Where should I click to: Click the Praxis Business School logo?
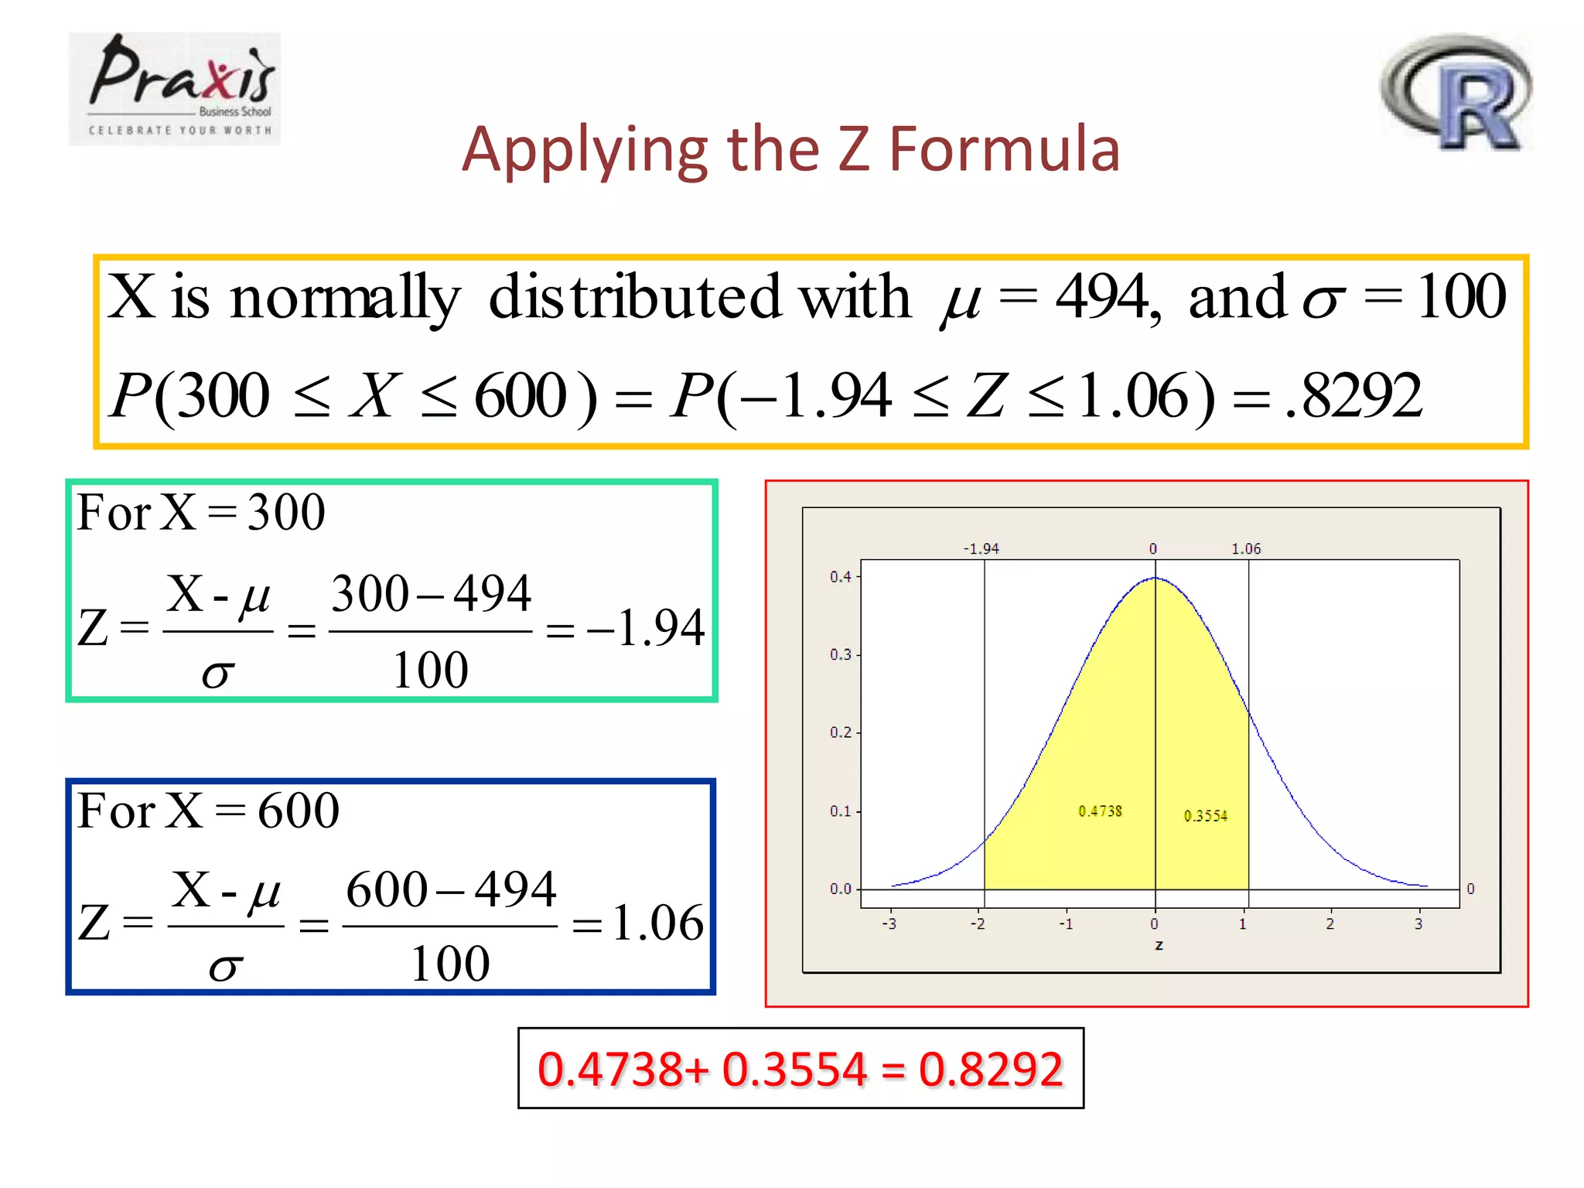tap(175, 88)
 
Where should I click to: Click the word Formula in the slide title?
tap(1005, 149)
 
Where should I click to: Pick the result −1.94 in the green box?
tap(647, 627)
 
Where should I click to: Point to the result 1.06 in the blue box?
tap(657, 923)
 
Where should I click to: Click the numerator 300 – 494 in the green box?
tap(431, 594)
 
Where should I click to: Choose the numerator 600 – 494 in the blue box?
tap(451, 889)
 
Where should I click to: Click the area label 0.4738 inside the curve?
tap(1100, 811)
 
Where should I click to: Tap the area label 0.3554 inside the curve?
tap(1205, 815)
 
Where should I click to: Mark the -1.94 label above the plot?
tap(981, 548)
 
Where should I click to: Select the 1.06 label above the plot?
tap(1246, 548)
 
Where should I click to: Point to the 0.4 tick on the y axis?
tap(840, 577)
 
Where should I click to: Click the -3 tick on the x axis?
tap(889, 924)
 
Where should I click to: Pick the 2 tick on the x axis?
tap(1330, 924)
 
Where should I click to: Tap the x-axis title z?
tap(1159, 945)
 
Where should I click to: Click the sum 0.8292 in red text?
tap(991, 1070)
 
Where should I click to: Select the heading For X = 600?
tap(208, 811)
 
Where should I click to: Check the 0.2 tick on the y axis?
tap(840, 732)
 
